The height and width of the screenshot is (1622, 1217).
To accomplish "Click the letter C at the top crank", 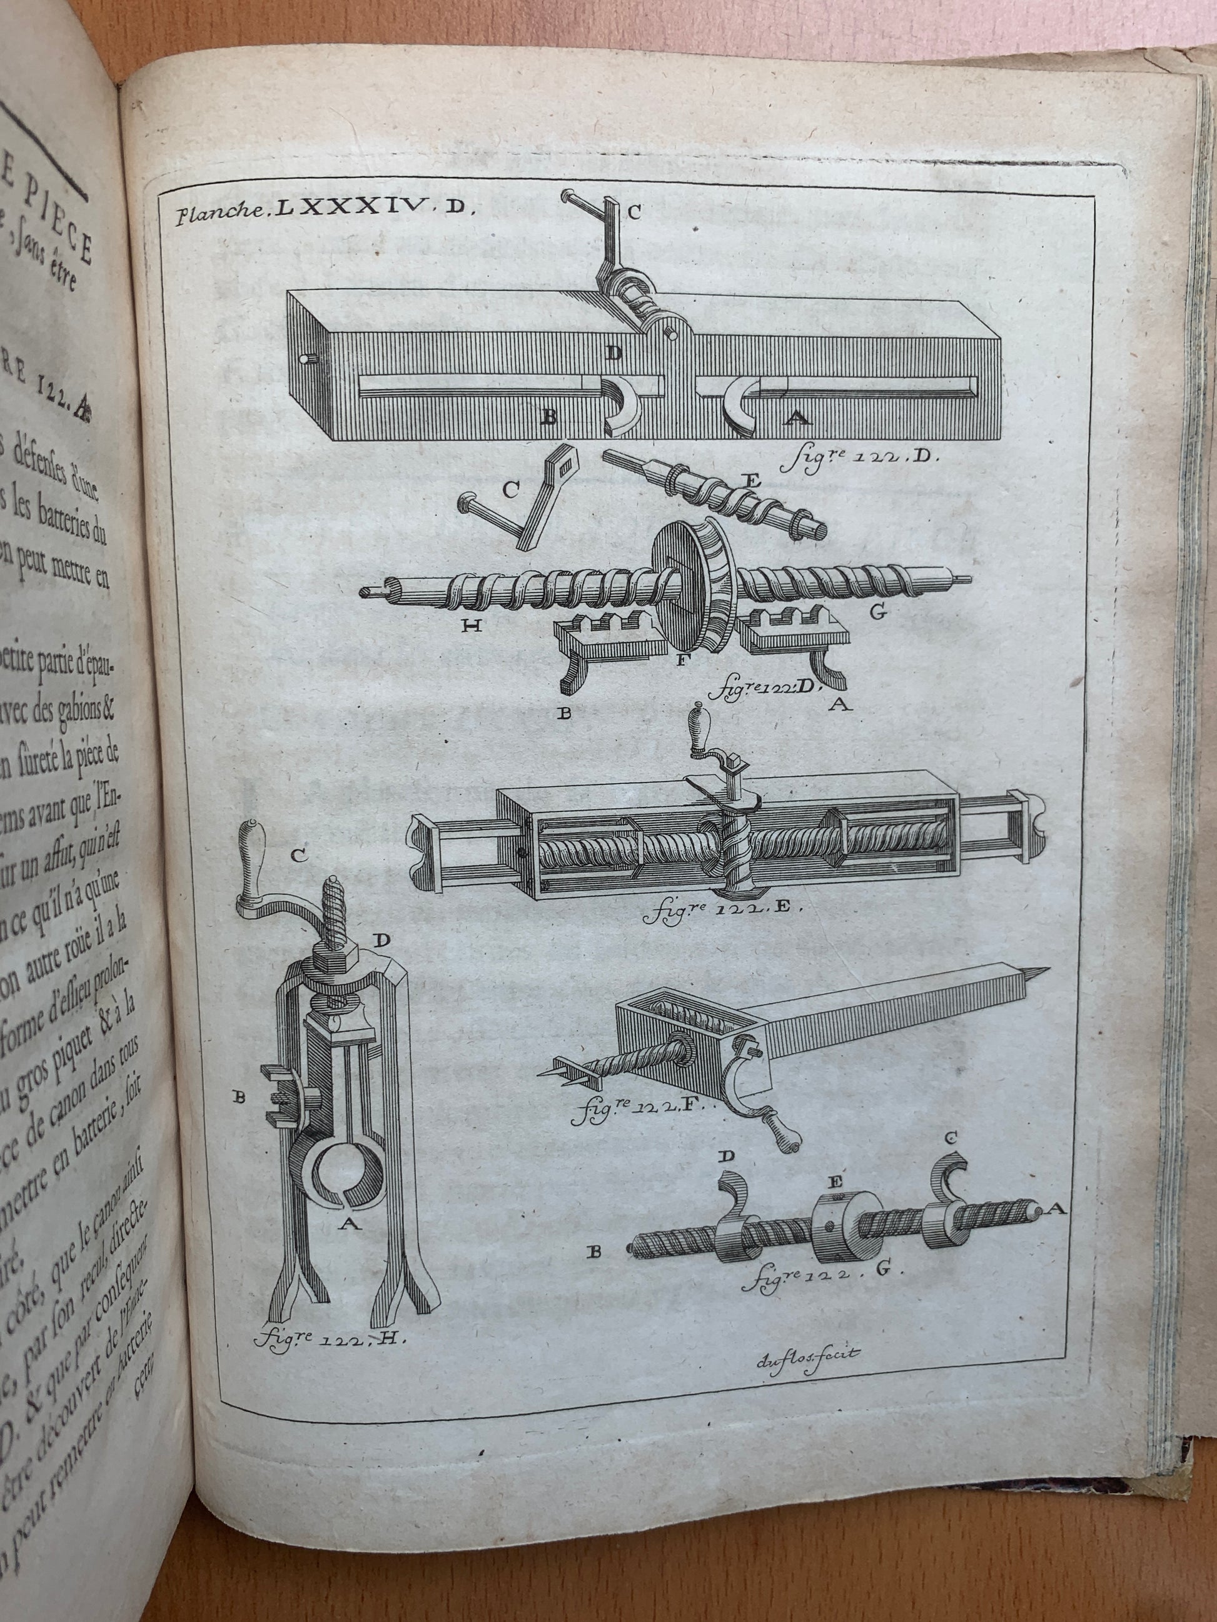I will [x=633, y=213].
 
